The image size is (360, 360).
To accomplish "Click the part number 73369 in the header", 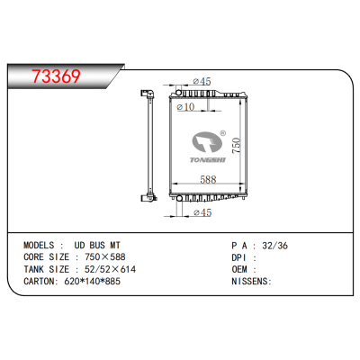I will coord(58,76).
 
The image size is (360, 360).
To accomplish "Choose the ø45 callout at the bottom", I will coord(202,212).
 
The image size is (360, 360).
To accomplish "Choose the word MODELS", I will coord(42,245).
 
